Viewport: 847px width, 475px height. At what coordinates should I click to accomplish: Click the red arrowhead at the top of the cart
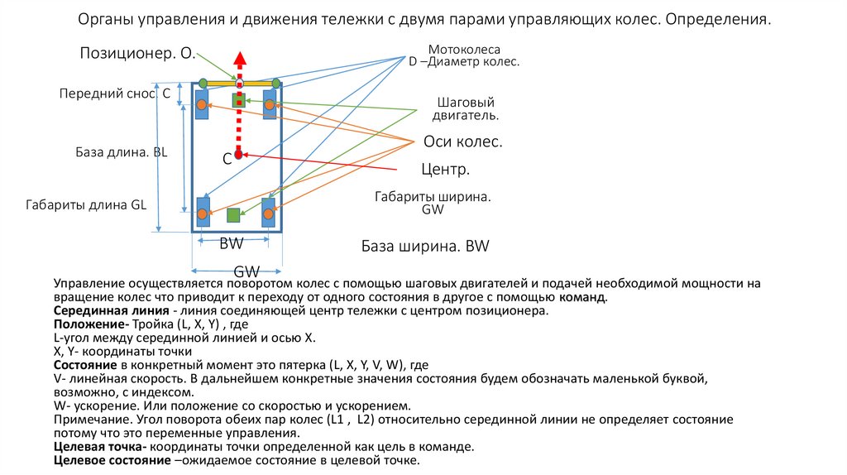pyautogui.click(x=239, y=59)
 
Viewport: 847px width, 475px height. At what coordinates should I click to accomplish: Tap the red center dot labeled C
pyautogui.click(x=238, y=154)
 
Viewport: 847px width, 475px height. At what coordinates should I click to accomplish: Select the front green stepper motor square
pyautogui.click(x=239, y=100)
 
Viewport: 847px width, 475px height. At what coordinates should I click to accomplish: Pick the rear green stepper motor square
pyautogui.click(x=233, y=215)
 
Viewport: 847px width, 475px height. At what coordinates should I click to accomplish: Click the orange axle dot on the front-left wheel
pyautogui.click(x=201, y=104)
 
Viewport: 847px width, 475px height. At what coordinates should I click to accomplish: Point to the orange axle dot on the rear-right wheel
pyautogui.click(x=268, y=214)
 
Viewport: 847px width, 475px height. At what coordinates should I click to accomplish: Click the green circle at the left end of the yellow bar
pyautogui.click(x=203, y=83)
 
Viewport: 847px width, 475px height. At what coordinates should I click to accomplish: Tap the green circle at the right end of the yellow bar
pyautogui.click(x=276, y=83)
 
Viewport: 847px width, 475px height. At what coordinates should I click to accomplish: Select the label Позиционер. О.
pyautogui.click(x=137, y=54)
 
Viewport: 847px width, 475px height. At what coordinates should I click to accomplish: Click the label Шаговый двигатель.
pyautogui.click(x=467, y=109)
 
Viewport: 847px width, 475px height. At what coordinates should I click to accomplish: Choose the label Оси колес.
pyautogui.click(x=462, y=142)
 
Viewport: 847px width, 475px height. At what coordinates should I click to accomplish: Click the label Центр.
pyautogui.click(x=445, y=170)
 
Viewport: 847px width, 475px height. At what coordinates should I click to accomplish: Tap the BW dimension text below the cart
pyautogui.click(x=231, y=245)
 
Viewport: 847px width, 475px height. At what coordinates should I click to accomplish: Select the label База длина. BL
pyautogui.click(x=122, y=152)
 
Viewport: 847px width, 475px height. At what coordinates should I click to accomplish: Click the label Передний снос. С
pyautogui.click(x=114, y=94)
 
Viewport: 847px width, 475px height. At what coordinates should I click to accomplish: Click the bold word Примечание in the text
pyautogui.click(x=90, y=420)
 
